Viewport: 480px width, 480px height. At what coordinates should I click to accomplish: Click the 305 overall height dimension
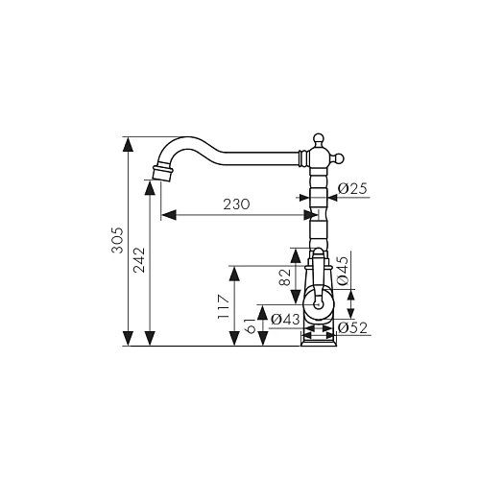pyautogui.click(x=117, y=240)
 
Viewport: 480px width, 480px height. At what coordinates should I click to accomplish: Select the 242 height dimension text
pyautogui.click(x=139, y=260)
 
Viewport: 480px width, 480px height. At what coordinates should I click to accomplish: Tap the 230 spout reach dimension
pyautogui.click(x=236, y=204)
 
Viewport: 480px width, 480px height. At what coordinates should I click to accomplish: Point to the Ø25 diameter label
pyautogui.click(x=352, y=189)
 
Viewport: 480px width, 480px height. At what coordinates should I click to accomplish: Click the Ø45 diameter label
pyautogui.click(x=343, y=271)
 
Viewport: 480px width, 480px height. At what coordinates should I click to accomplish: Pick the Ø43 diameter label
pyautogui.click(x=285, y=319)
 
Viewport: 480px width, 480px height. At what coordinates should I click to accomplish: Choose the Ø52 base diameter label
pyautogui.click(x=352, y=327)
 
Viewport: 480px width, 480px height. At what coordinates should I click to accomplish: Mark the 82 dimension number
pyautogui.click(x=284, y=277)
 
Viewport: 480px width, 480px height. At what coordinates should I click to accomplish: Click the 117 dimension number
pyautogui.click(x=224, y=307)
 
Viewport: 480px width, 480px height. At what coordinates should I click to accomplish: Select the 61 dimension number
pyautogui.click(x=252, y=325)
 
